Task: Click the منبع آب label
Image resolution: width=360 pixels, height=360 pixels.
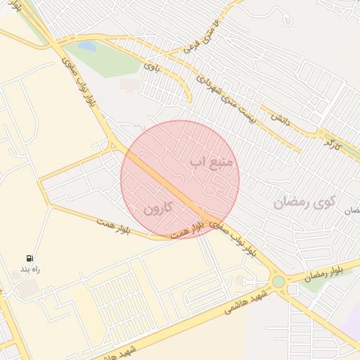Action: tap(214, 162)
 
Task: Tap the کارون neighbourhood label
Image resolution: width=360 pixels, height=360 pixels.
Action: tap(157, 209)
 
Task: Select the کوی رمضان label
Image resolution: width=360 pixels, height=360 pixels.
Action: tap(302, 203)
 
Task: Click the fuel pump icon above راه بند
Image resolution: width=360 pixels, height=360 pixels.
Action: tap(30, 258)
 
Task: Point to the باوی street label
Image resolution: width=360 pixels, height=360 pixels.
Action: tap(153, 67)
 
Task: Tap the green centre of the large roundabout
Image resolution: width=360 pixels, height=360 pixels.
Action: tap(278, 282)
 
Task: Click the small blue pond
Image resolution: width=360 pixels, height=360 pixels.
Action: tap(86, 46)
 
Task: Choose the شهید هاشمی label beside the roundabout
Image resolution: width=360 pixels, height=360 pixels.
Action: tap(247, 301)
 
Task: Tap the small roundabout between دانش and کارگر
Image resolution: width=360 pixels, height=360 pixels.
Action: tap(320, 131)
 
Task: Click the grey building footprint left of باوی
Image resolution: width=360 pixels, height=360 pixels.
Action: tap(129, 84)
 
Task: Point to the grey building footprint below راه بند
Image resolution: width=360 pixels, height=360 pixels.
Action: tap(27, 288)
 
